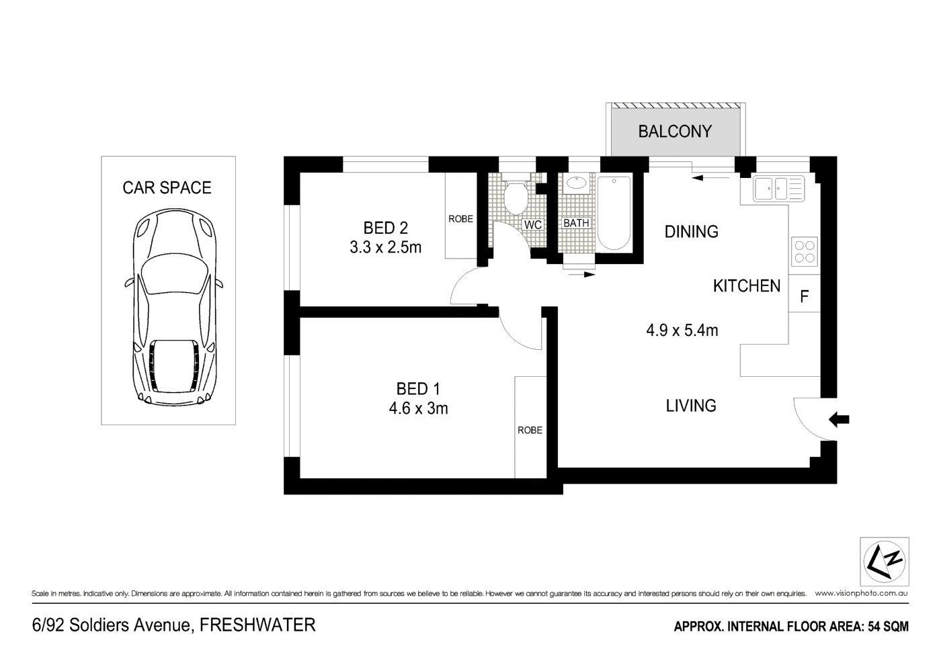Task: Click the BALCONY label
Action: (x=675, y=131)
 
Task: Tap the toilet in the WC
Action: (x=516, y=196)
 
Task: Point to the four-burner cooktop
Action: (x=805, y=251)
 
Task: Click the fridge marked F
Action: (x=804, y=296)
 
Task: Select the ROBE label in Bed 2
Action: (x=460, y=219)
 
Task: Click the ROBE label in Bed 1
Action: (x=530, y=430)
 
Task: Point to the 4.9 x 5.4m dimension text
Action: (x=682, y=330)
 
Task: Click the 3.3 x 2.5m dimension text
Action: (x=385, y=247)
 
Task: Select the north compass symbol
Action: (x=885, y=562)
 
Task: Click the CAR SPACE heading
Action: (x=167, y=187)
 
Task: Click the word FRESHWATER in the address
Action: (x=258, y=625)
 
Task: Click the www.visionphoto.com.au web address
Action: (x=861, y=594)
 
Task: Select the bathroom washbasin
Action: (x=576, y=182)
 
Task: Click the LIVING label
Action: (x=691, y=406)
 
